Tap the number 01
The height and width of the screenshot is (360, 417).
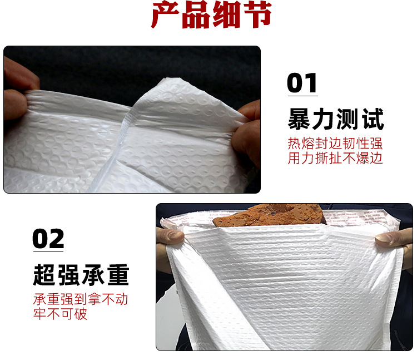point(302,83)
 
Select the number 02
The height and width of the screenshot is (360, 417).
point(48,238)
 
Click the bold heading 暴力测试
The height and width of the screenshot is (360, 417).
point(335,119)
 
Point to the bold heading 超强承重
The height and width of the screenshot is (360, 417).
point(81,275)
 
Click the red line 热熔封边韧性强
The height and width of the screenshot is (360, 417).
point(335,143)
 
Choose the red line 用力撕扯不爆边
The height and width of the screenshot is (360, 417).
point(335,158)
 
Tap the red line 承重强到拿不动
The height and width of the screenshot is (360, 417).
point(81,299)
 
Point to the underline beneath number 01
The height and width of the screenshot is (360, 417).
point(302,95)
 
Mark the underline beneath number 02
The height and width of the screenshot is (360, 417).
point(48,250)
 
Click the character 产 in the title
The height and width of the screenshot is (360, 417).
point(167,17)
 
